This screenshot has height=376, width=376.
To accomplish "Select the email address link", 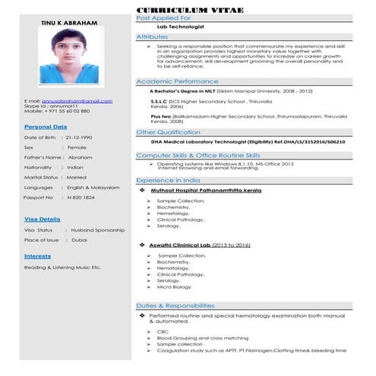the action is coord(79,100).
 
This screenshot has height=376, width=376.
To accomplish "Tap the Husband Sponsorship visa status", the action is coord(97,229).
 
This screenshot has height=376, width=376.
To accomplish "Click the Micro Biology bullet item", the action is coord(175,287).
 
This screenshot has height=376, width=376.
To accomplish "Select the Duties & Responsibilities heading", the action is coord(174,305).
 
